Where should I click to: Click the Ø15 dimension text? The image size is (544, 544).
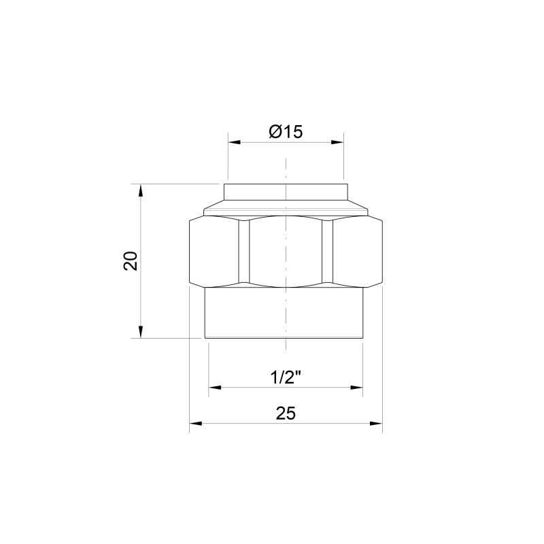(285, 132)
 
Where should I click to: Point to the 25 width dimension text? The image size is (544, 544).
(286, 413)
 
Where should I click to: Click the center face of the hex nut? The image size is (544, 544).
(286, 250)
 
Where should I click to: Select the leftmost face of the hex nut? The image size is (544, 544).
(214, 250)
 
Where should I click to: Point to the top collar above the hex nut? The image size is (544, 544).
(286, 192)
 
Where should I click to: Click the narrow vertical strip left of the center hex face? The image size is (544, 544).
(244, 250)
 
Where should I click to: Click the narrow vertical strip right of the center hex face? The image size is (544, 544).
(328, 250)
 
